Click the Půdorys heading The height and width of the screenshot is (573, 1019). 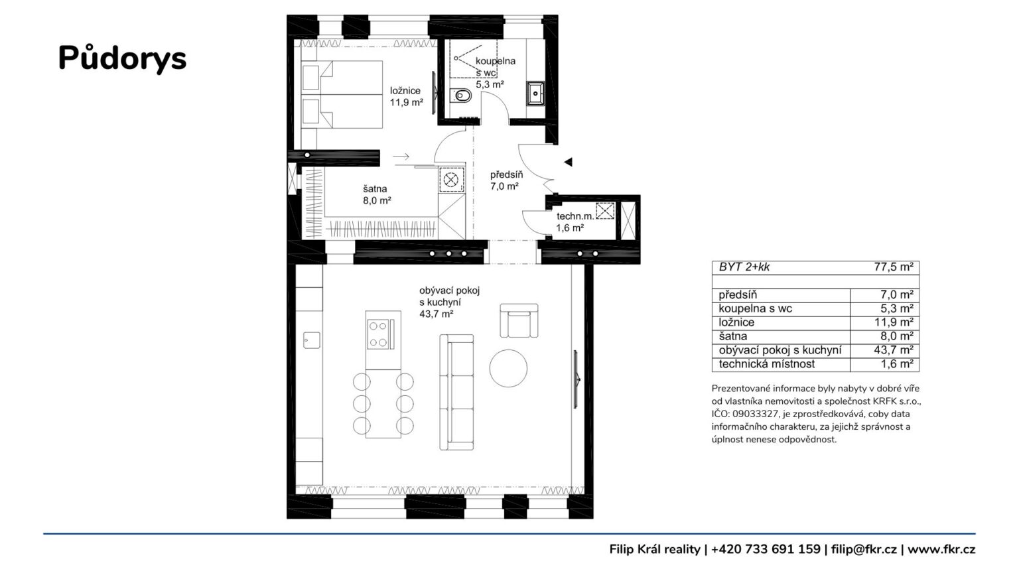pos(122,58)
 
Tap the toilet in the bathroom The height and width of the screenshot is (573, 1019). pos(461,96)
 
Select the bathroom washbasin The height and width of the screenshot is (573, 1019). pos(535,94)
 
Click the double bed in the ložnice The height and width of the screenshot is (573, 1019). pos(342,95)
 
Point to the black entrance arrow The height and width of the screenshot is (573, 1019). pos(568,161)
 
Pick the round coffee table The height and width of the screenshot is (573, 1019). pos(508,368)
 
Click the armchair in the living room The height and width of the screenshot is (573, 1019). pos(519,320)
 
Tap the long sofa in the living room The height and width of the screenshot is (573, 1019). pos(456,393)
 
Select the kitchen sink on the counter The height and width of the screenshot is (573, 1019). pos(312,340)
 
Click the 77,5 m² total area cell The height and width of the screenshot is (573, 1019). pos(894,267)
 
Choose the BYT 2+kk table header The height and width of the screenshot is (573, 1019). pos(744,267)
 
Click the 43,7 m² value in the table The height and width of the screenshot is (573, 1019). pos(894,350)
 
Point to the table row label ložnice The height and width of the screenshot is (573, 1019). pos(736,322)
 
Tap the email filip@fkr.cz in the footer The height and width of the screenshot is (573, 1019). pos(864,549)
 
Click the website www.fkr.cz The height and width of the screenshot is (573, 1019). pos(941,549)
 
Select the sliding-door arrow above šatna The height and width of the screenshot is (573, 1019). pos(401,157)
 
